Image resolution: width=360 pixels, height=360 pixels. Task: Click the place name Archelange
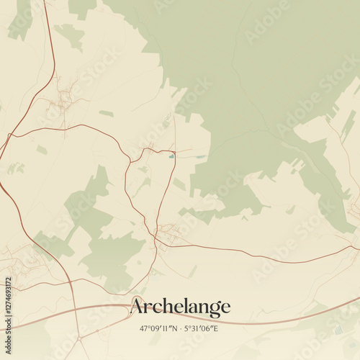180,307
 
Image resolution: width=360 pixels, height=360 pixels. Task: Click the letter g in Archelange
212,309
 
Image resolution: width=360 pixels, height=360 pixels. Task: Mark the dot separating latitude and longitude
180,328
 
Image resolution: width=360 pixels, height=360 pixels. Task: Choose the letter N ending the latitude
175,328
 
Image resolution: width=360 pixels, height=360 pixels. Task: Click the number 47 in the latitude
143,328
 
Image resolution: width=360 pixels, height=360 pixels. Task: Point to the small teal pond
171,156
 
